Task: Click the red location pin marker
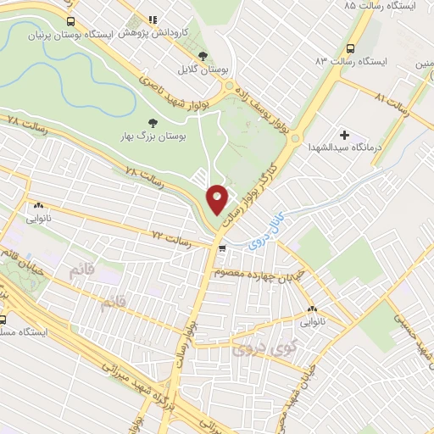[217, 198]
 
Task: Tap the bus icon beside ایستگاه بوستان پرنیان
[71, 21]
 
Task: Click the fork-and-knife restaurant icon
[153, 19]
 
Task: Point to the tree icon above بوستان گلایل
[202, 57]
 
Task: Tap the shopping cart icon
[222, 249]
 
